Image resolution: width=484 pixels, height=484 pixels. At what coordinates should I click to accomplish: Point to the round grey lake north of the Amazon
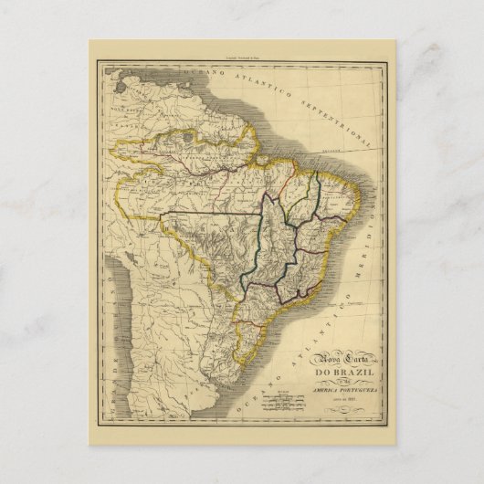coord(188,137)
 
